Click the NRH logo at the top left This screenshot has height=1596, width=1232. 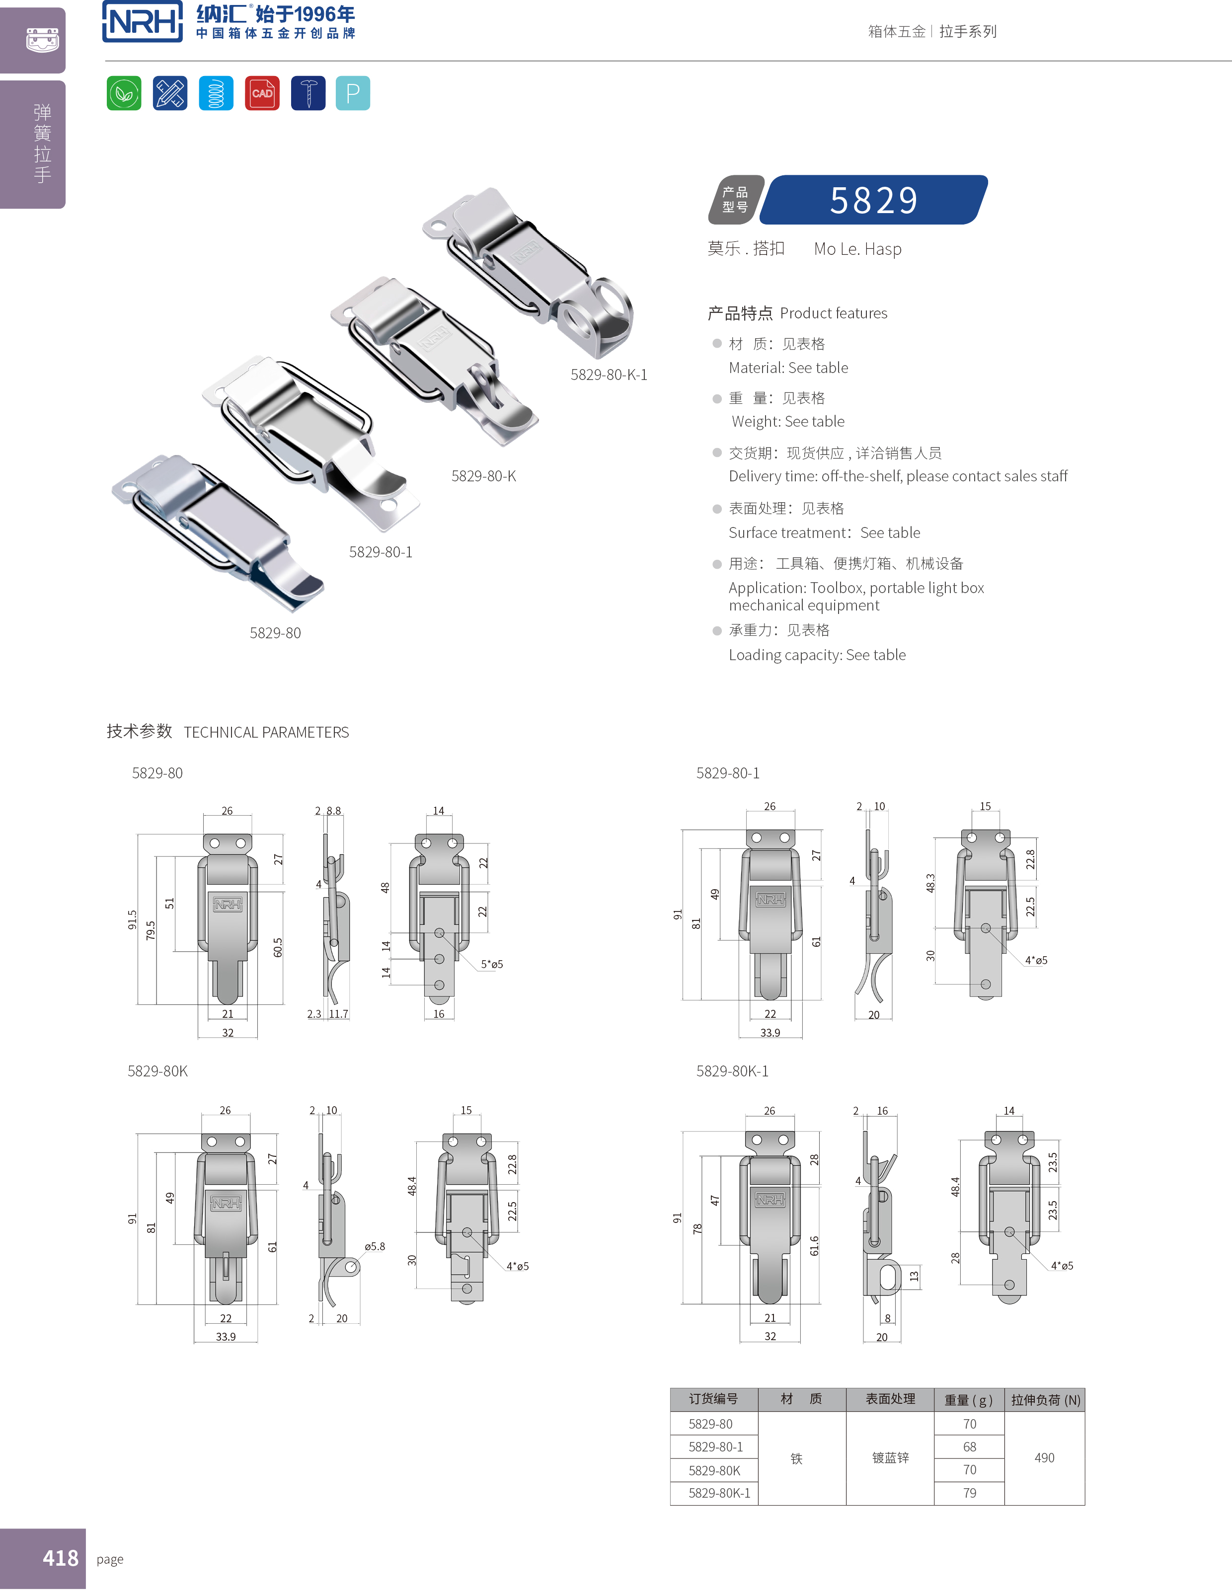(x=143, y=22)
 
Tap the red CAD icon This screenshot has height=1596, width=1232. (x=262, y=93)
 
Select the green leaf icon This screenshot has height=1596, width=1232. (x=124, y=93)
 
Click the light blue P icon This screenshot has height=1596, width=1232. (x=353, y=93)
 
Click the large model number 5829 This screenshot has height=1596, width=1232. (x=873, y=200)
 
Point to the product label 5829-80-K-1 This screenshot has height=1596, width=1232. (x=608, y=375)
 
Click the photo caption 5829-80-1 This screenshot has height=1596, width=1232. (x=380, y=552)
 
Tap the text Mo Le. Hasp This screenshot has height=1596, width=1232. (x=857, y=249)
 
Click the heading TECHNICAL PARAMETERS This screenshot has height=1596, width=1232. (x=266, y=732)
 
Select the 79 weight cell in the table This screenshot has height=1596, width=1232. (x=969, y=1493)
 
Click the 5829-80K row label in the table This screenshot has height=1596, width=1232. (x=714, y=1470)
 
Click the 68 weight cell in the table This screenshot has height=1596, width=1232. (x=969, y=1447)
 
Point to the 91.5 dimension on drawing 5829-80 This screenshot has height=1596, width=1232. (x=132, y=919)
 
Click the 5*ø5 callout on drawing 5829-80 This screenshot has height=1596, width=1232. (x=492, y=965)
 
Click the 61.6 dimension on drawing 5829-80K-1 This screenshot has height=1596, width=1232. (x=814, y=1246)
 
